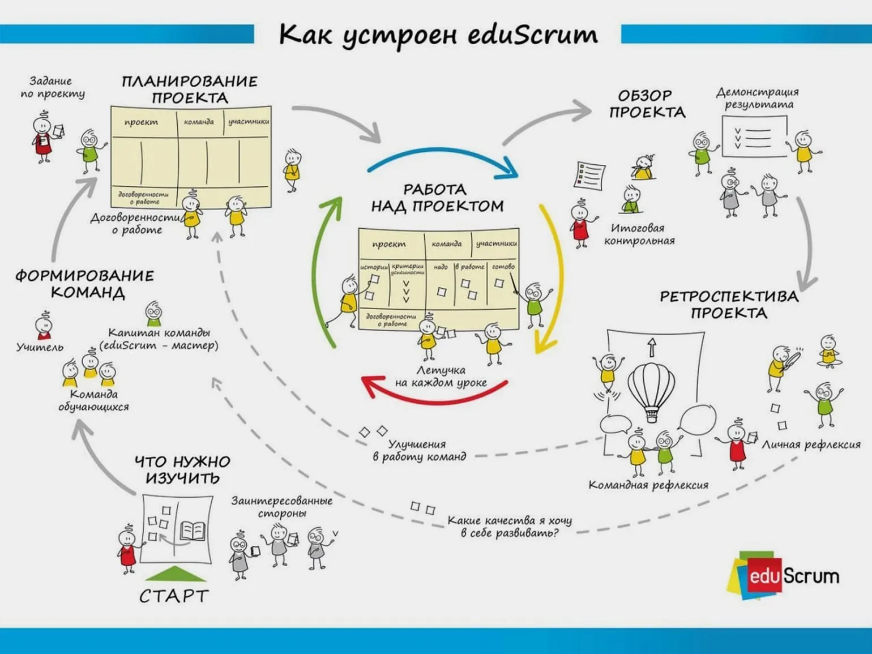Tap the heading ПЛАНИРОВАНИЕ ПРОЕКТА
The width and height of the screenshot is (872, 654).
[190, 89]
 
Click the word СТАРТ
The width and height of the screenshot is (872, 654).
[174, 596]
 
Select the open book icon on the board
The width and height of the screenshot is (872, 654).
[192, 531]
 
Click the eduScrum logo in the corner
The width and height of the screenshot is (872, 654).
[784, 575]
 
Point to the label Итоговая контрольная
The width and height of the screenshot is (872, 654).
[639, 234]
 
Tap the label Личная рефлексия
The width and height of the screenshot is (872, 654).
[811, 445]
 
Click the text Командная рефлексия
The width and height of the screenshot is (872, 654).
[648, 485]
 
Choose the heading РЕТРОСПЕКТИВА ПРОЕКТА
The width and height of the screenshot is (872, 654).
[729, 304]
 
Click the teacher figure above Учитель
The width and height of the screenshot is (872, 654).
[44, 326]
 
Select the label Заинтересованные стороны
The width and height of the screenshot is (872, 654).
[281, 507]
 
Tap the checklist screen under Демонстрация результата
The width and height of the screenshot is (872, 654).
[754, 136]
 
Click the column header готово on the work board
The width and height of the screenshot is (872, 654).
[503, 266]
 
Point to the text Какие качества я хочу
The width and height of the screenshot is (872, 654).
[510, 520]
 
